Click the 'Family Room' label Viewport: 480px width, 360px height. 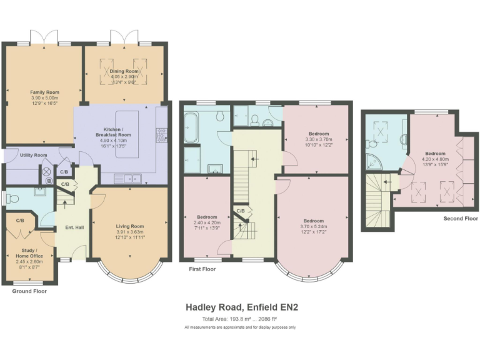[x=44, y=92]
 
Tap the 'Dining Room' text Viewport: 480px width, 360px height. [x=124, y=71]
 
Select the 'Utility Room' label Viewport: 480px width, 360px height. [x=33, y=154]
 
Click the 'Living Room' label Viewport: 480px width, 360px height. [x=130, y=226]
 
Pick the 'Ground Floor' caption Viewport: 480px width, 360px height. [x=29, y=291]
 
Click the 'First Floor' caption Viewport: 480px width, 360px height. [x=202, y=269]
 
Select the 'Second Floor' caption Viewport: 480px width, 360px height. [x=460, y=219]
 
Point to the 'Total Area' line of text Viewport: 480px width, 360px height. [x=239, y=319]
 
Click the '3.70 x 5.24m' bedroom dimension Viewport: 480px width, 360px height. [x=314, y=226]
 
